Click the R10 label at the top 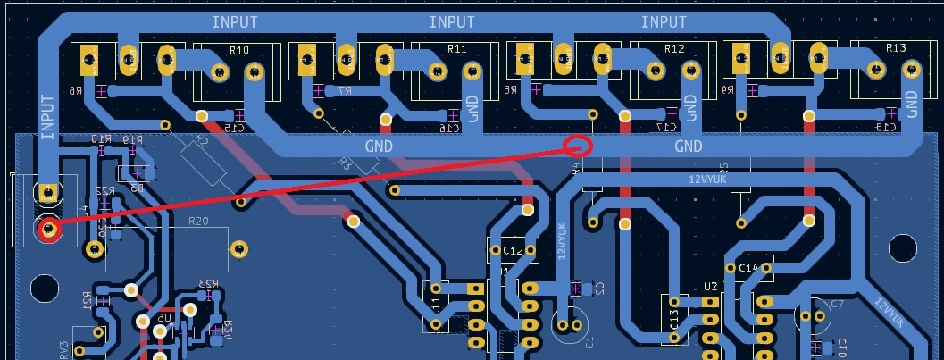click(x=238, y=50)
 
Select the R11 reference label click(x=456, y=48)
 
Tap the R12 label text click(x=674, y=48)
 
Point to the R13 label click(x=896, y=48)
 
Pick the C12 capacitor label click(x=513, y=251)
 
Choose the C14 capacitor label click(x=748, y=267)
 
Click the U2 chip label click(x=711, y=286)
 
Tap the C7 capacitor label click(x=837, y=304)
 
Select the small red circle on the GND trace click(x=578, y=146)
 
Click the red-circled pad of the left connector click(x=48, y=230)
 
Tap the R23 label click(x=208, y=284)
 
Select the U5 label click(x=164, y=317)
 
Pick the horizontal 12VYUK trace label click(x=707, y=179)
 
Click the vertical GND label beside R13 click(x=911, y=104)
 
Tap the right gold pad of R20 click(x=238, y=248)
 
